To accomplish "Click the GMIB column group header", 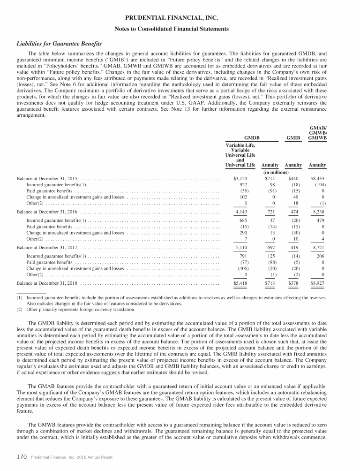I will coord(293,138).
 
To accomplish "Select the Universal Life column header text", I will coord(240,165).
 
